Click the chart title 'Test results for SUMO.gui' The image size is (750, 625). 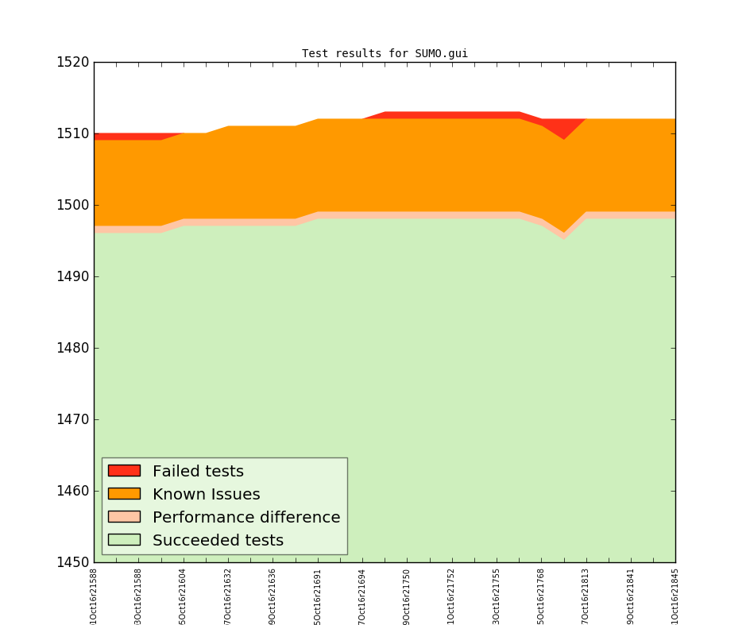click(385, 54)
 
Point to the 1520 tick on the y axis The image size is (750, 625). click(73, 62)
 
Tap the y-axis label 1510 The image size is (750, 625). click(73, 133)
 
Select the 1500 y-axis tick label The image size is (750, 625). click(73, 205)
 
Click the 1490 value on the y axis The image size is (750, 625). click(73, 276)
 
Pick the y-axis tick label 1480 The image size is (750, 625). click(73, 348)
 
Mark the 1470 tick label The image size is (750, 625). click(73, 419)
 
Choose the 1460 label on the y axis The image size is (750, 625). click(73, 491)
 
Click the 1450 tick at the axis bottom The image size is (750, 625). click(73, 562)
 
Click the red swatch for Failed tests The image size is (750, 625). click(124, 471)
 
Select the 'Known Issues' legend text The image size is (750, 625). click(206, 495)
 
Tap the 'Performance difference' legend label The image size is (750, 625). click(246, 518)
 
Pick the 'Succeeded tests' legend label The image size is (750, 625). click(218, 541)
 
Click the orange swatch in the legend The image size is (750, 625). click(124, 494)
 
